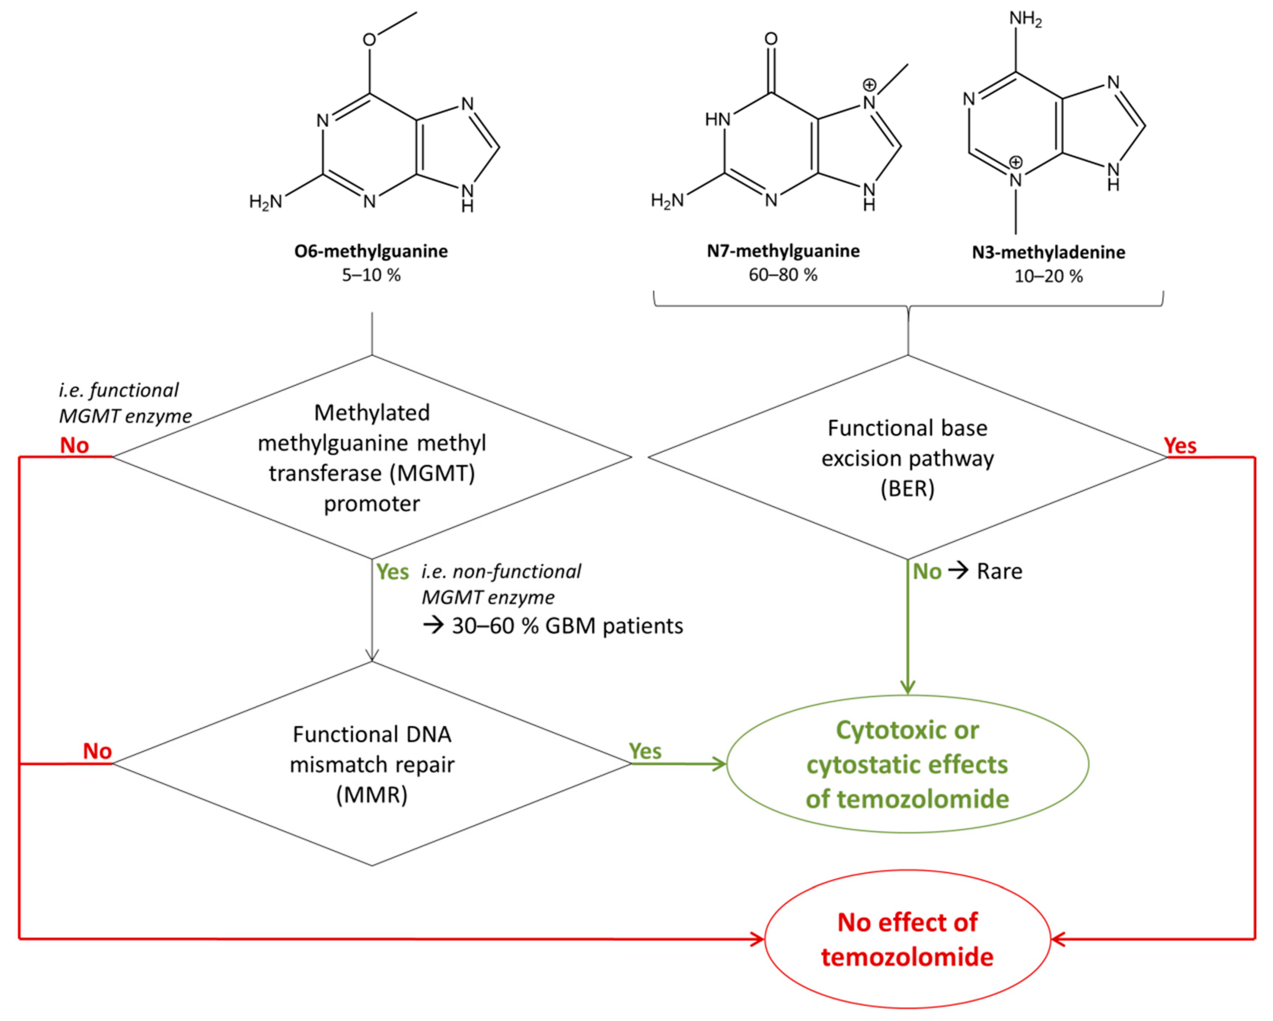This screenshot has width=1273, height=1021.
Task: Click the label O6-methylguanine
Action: coord(371,251)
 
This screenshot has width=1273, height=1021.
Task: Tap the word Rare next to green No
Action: coord(999,572)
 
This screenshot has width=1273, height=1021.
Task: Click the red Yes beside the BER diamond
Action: coord(1180,446)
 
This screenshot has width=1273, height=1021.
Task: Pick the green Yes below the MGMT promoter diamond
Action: coord(393,572)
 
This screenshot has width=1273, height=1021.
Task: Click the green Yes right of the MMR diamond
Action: coord(645,751)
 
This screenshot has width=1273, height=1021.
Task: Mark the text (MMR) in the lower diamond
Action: coord(372,795)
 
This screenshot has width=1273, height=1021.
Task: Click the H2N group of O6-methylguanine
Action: coord(265,202)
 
